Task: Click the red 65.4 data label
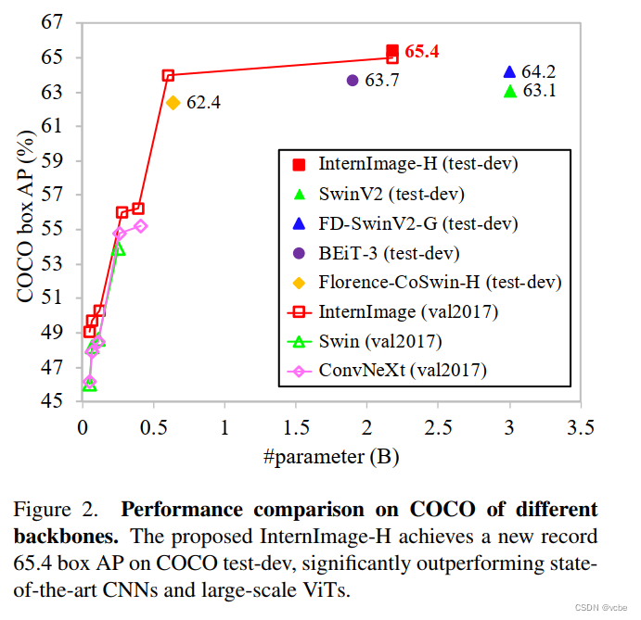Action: [421, 52]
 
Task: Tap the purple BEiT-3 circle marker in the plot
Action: [353, 81]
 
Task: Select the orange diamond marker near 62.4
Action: [173, 102]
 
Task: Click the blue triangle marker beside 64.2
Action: [509, 72]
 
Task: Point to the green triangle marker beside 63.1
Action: [509, 91]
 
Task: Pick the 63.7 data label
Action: [382, 82]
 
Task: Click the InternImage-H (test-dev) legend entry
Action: [417, 164]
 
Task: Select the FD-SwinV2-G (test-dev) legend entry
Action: [418, 223]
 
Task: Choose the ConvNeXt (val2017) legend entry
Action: [403, 371]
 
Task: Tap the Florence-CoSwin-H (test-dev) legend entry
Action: [440, 282]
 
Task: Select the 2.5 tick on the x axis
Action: [438, 429]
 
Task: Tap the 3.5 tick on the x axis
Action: [581, 429]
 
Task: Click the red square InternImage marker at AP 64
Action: [168, 75]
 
